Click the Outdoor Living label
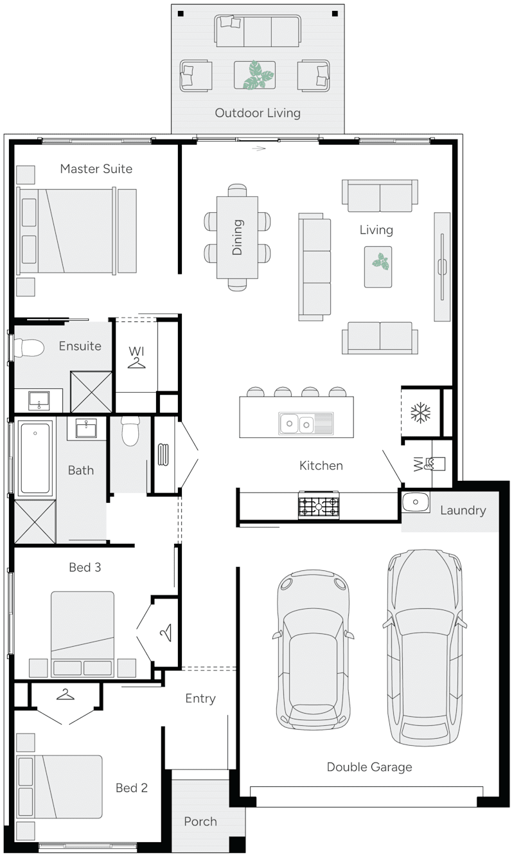coord(257,113)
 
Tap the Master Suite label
coord(96,168)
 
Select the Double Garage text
coord(369,766)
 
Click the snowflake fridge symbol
coord(421,413)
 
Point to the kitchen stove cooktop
coord(319,505)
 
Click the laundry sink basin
coord(416,501)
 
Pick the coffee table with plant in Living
coord(378,266)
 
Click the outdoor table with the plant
coord(254,75)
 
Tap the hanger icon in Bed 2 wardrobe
coord(64,694)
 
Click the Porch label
coord(200,821)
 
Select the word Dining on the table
coord(237,237)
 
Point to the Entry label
coord(200,698)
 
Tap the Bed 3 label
coord(85,568)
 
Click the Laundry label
coord(463,510)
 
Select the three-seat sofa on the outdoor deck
coord(257,30)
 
